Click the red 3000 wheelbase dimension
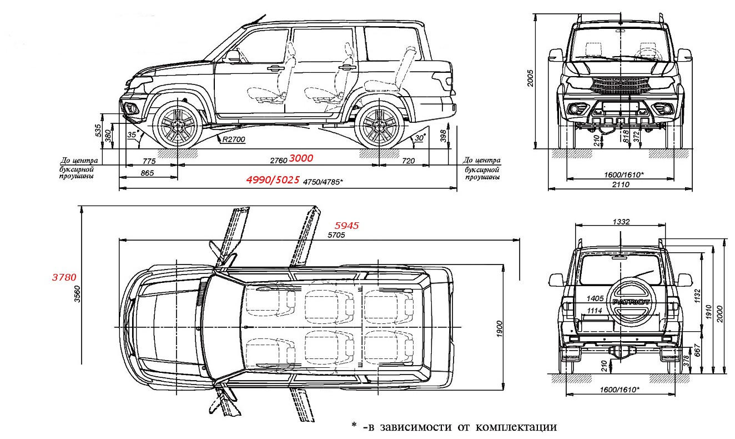tap(301, 158)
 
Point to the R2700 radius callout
tap(233, 139)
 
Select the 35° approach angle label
tap(132, 134)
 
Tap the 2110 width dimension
tap(620, 184)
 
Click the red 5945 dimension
tap(347, 226)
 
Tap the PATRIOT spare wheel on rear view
tap(631, 301)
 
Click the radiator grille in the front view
tap(620, 85)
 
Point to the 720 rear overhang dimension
tap(408, 161)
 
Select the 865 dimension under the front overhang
tap(147, 173)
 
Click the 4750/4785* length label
tap(323, 181)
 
